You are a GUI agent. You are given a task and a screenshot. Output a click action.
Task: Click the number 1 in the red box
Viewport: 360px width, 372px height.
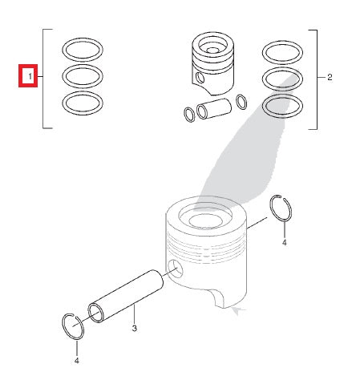click(x=29, y=77)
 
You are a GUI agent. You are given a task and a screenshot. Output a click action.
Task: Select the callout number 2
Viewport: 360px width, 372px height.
click(x=329, y=77)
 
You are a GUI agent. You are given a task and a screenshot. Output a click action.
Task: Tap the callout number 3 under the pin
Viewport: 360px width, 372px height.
click(x=135, y=330)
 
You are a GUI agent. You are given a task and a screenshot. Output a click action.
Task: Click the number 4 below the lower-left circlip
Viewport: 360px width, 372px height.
click(x=76, y=359)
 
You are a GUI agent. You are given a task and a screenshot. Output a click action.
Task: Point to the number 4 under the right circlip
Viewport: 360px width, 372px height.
click(x=283, y=241)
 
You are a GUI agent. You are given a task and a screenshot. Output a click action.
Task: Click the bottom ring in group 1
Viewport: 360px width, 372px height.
click(x=83, y=103)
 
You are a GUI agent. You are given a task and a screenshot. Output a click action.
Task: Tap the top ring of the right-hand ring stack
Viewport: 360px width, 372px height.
click(x=283, y=53)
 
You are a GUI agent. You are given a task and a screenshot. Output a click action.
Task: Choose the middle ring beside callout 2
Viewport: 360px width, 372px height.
click(x=283, y=79)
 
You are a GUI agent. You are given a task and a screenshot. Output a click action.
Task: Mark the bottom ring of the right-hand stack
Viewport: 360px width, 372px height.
click(x=283, y=104)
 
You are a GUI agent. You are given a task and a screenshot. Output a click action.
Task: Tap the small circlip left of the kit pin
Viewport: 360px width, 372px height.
click(x=188, y=115)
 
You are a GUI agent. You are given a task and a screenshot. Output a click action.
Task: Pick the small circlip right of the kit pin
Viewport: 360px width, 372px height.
click(x=241, y=101)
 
